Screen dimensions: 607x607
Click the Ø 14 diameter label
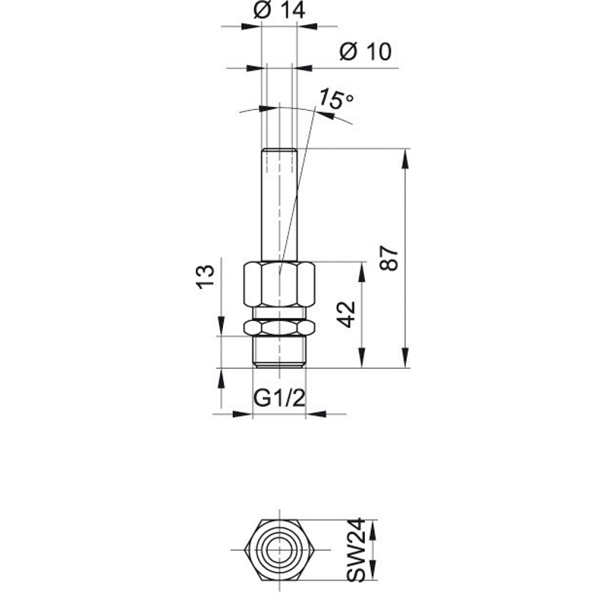[x=279, y=11]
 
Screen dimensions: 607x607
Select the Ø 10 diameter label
[x=366, y=51]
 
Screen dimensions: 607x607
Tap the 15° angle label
[x=335, y=99]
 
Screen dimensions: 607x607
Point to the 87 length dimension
[x=389, y=258]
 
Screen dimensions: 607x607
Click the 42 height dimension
[x=347, y=314]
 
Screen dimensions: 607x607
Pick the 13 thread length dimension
[x=205, y=276]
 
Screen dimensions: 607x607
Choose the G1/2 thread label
[x=279, y=398]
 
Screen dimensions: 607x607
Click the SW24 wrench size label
[x=355, y=549]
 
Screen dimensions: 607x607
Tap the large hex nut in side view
[x=279, y=285]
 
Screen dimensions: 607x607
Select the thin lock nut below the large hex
[x=279, y=328]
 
